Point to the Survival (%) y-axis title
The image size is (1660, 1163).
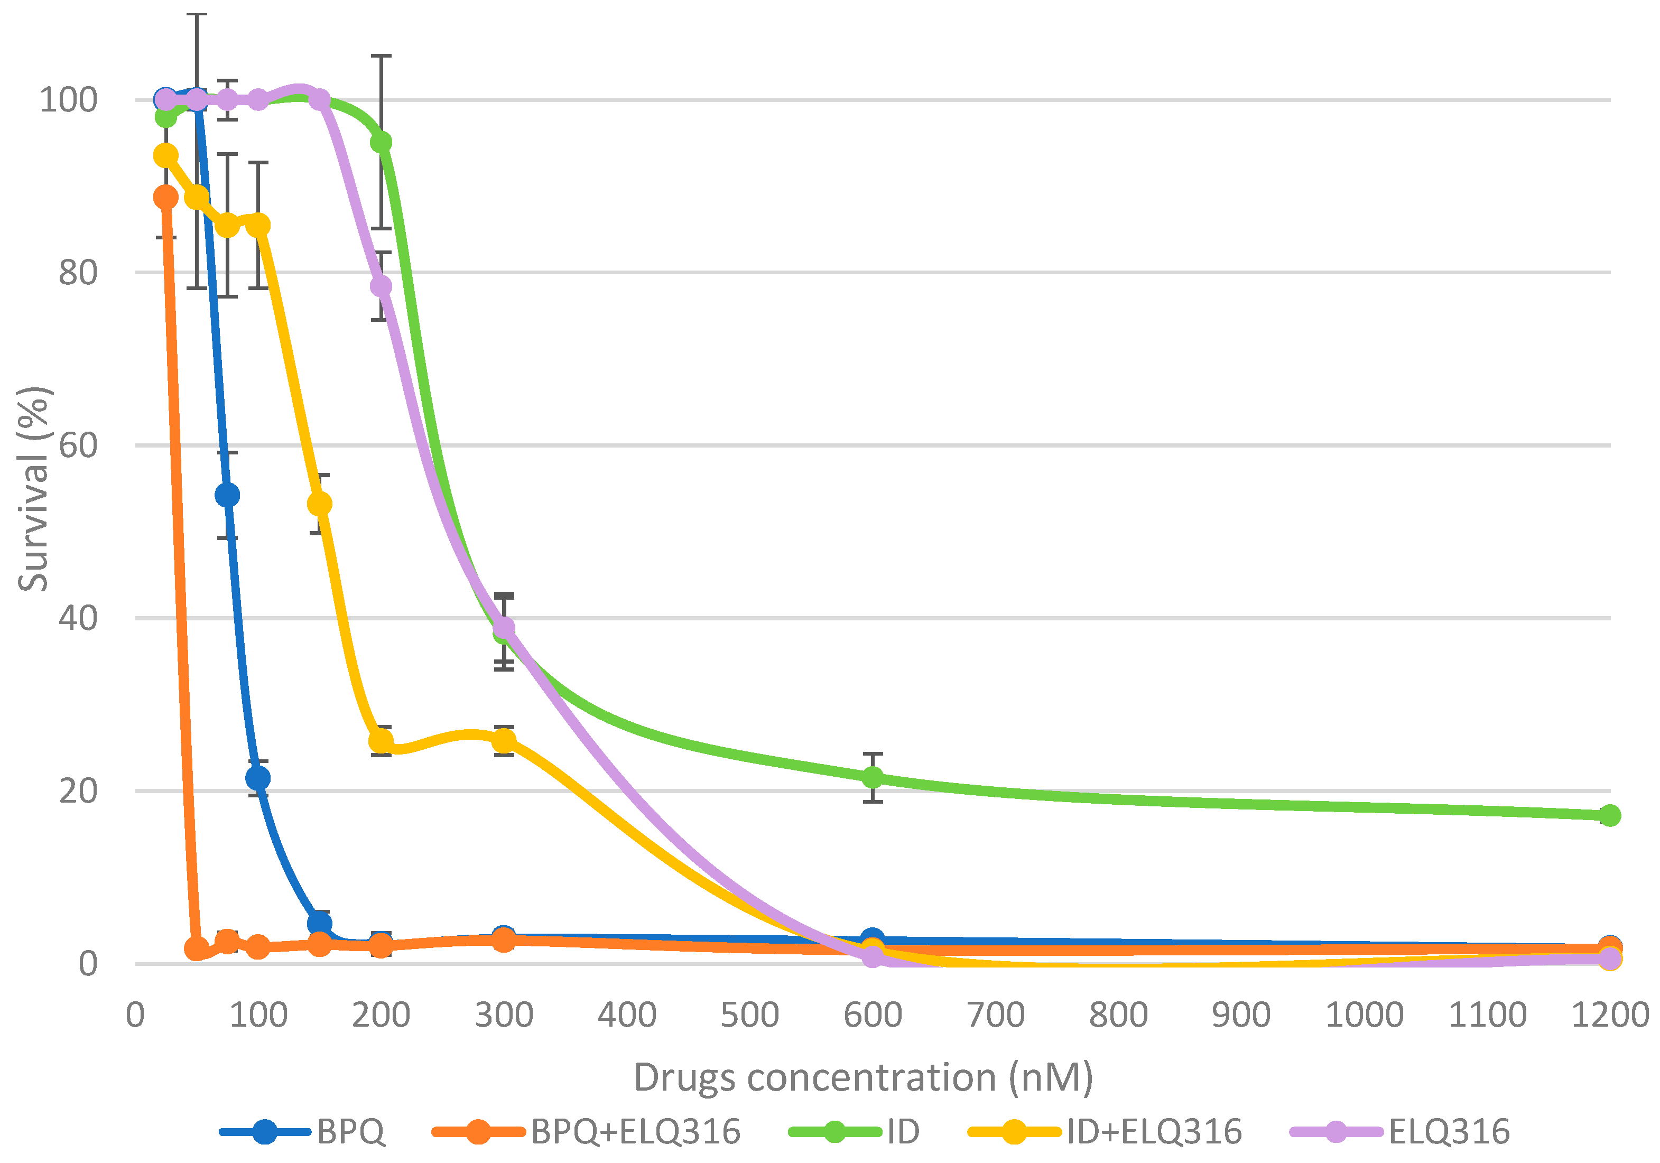point(33,489)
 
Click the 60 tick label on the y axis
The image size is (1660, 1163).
point(78,445)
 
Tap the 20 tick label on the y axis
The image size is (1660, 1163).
point(78,791)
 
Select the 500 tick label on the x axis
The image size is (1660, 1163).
point(750,1014)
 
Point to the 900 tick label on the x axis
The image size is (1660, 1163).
point(1241,1014)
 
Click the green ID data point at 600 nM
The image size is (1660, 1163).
point(873,777)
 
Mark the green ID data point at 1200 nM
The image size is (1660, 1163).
point(1609,815)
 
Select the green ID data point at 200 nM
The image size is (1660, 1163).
point(381,142)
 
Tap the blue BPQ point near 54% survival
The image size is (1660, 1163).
point(227,495)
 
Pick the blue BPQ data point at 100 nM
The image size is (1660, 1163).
point(258,778)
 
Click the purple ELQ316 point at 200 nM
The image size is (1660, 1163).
point(381,286)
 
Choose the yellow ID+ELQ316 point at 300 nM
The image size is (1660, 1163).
point(504,741)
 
